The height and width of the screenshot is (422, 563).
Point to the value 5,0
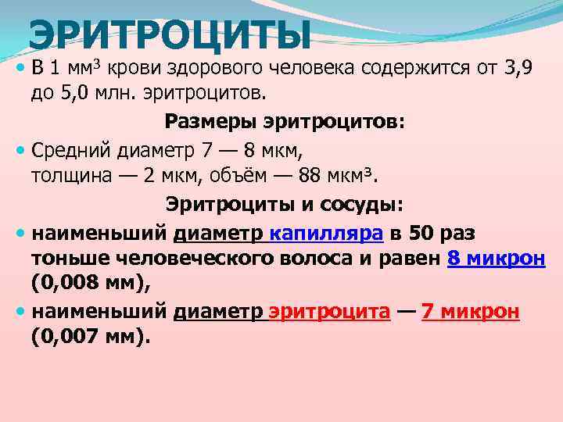[75, 95]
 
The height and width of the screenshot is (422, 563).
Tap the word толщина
[72, 175]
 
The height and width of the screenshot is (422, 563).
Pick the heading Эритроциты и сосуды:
[284, 204]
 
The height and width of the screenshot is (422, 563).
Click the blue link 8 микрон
[497, 259]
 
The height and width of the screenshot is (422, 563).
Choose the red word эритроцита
[328, 312]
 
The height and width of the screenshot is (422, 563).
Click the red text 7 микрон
[470, 312]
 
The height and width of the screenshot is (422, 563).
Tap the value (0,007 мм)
[90, 338]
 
